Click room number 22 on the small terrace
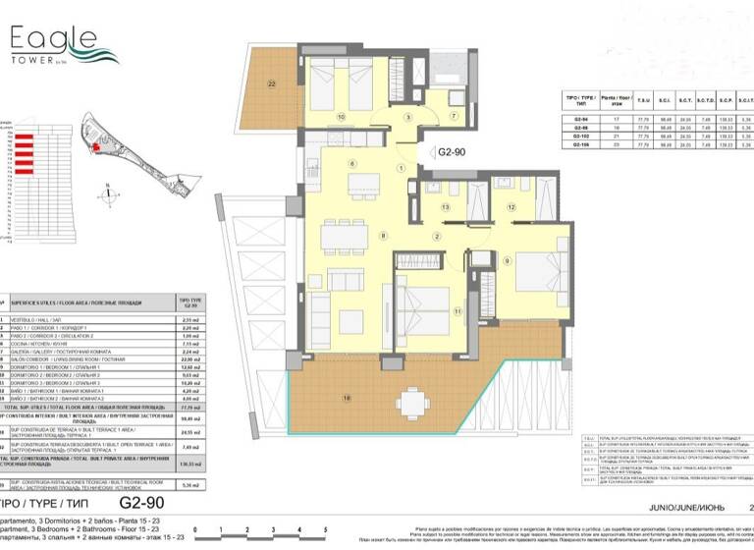(271, 83)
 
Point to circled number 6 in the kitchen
(350, 163)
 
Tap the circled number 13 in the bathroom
(445, 207)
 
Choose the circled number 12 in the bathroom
(512, 207)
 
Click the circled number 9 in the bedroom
(508, 261)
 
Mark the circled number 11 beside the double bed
(458, 311)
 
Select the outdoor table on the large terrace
(411, 400)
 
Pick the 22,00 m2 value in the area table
(193, 359)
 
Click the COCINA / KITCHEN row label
(59, 345)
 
